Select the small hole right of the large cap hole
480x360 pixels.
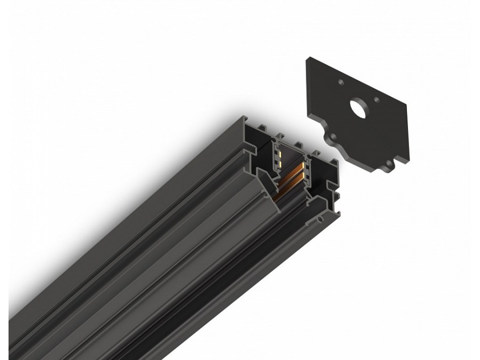(377, 99)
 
